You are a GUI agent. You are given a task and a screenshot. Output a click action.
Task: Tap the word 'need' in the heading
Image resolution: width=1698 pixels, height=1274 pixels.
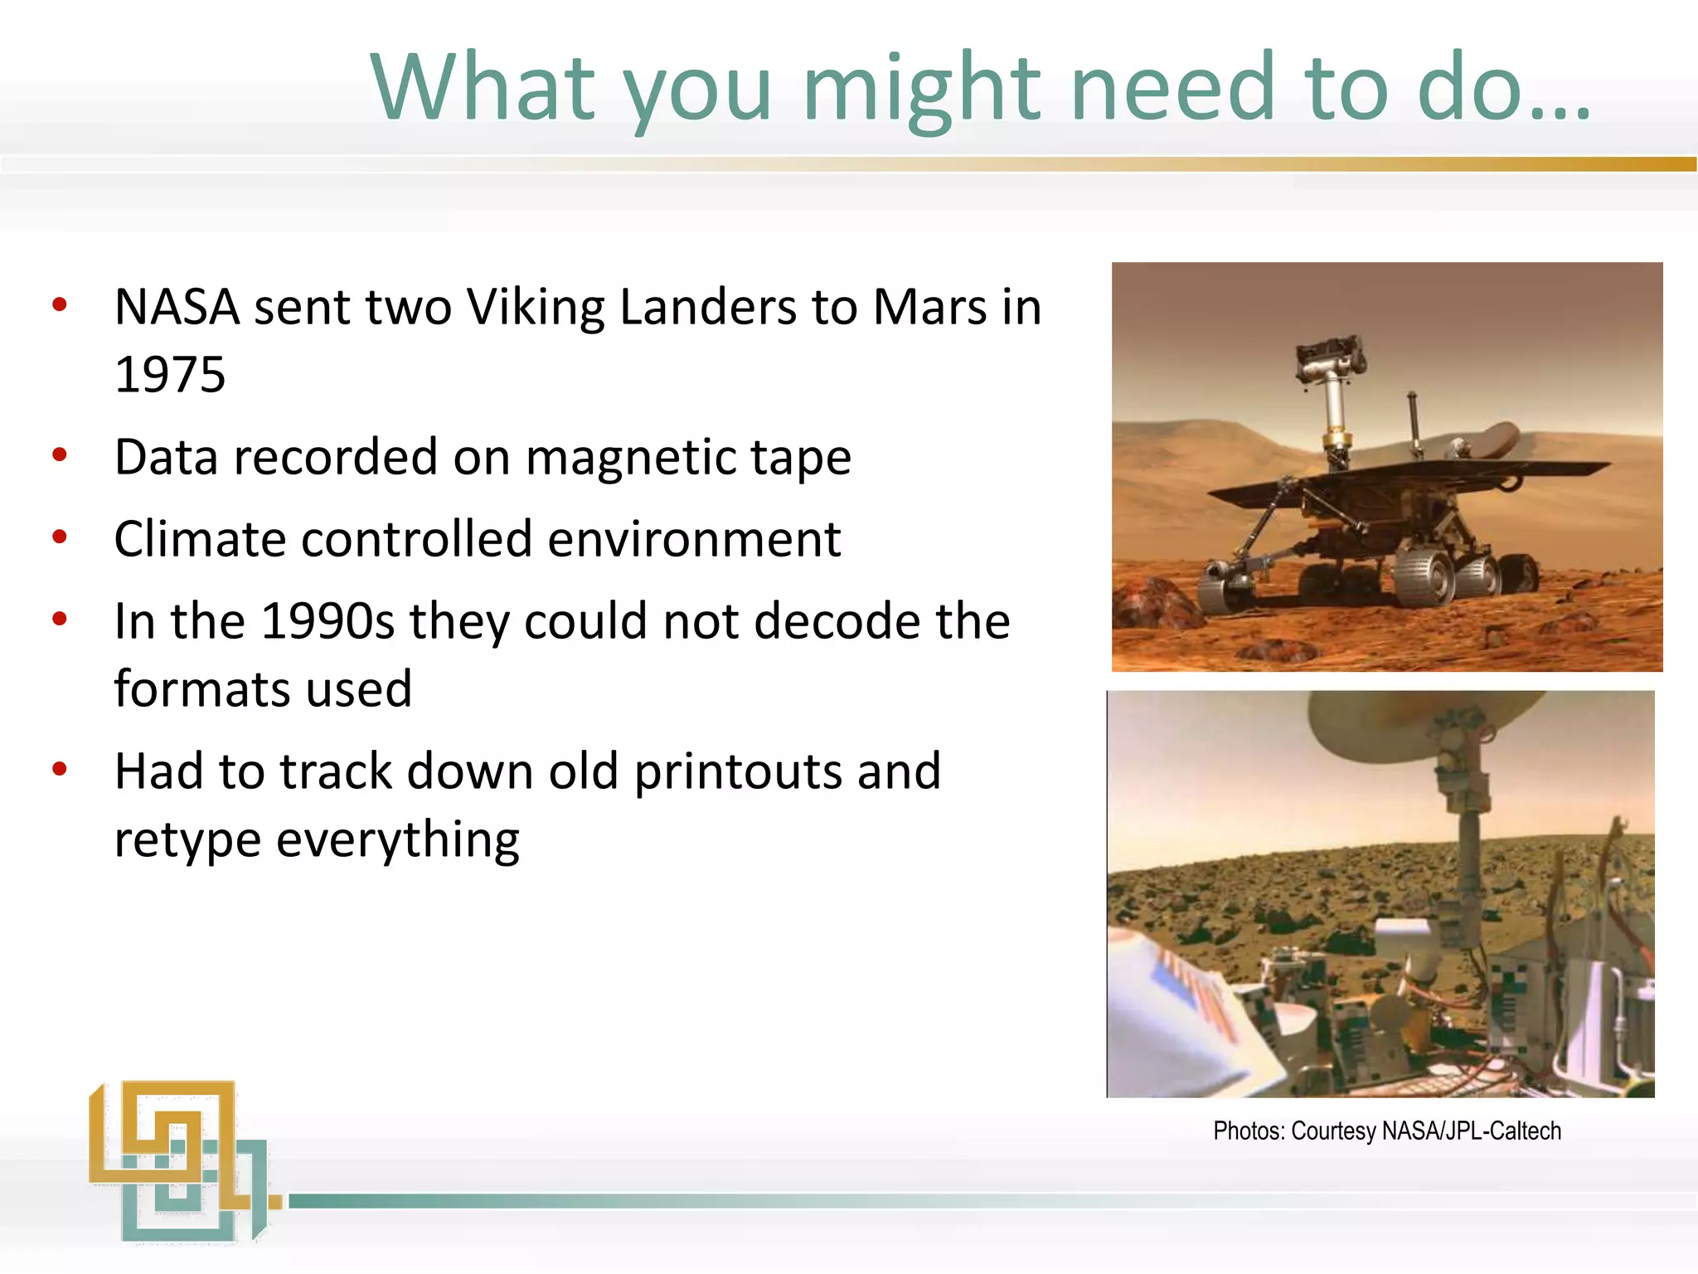click(x=1172, y=88)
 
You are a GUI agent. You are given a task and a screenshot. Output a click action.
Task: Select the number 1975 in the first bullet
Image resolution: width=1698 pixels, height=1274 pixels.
click(x=170, y=375)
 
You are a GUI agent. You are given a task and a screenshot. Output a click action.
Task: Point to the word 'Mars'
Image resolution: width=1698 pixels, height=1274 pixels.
click(x=929, y=308)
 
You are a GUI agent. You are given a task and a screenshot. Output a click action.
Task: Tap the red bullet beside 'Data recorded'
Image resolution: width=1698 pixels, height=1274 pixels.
click(x=60, y=455)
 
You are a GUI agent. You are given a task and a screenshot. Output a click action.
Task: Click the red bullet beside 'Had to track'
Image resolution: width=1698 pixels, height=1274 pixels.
click(x=60, y=769)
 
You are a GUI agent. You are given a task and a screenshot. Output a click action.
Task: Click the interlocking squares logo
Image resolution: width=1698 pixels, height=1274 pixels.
click(x=178, y=1161)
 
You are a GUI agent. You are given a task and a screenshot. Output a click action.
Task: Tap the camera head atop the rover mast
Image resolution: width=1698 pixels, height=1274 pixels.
click(x=1330, y=357)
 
